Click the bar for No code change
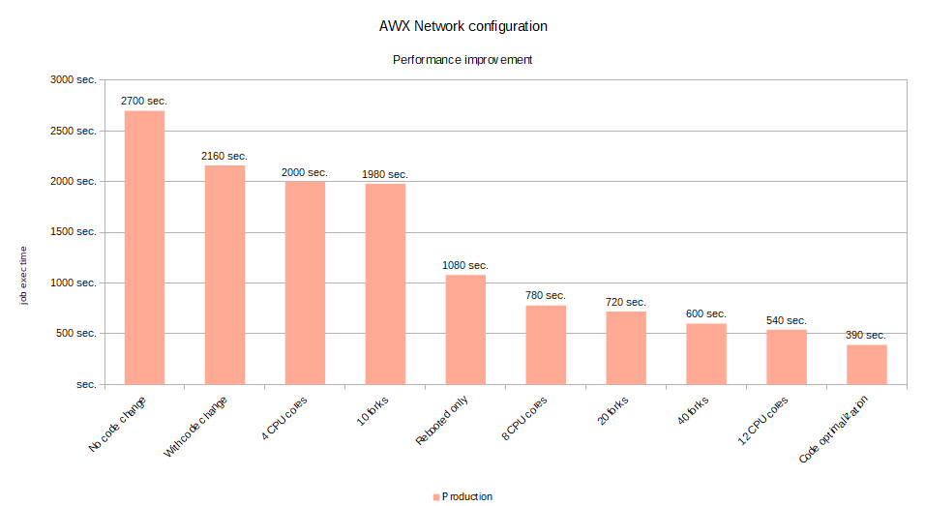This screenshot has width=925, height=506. pos(144,248)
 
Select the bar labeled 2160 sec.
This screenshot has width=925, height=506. pos(224,275)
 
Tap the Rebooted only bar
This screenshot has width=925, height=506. pos(465,330)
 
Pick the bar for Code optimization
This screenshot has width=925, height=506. pos(867,365)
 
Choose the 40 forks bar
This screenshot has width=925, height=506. pos(706,354)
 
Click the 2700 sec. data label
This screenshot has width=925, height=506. pos(144,101)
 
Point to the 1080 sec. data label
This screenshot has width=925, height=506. pos(465,265)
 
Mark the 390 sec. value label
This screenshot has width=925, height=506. pos(865,335)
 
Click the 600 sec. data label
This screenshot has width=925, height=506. pos(706,313)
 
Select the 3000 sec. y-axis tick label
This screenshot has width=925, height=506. pos(74,79)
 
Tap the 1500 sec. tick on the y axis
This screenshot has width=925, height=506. pos(74,232)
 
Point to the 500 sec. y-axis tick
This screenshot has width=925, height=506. pos(76,333)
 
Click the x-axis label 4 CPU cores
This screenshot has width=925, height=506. pos(284,418)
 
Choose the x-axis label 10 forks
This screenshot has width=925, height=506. pos(373,411)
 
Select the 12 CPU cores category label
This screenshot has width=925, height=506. pos(762,421)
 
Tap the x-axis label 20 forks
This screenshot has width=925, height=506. pos(612,410)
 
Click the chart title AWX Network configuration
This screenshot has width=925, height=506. pos(463,26)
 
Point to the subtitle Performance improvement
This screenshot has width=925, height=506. pos(462,60)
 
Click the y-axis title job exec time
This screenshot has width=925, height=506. pos(23,276)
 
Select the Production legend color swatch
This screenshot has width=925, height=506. pos(436,497)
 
